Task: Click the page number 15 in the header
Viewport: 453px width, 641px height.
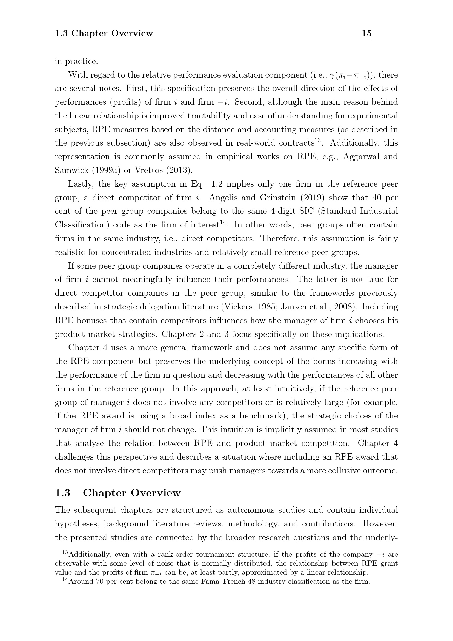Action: point(366,33)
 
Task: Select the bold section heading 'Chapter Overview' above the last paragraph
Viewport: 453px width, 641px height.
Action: point(132,493)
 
